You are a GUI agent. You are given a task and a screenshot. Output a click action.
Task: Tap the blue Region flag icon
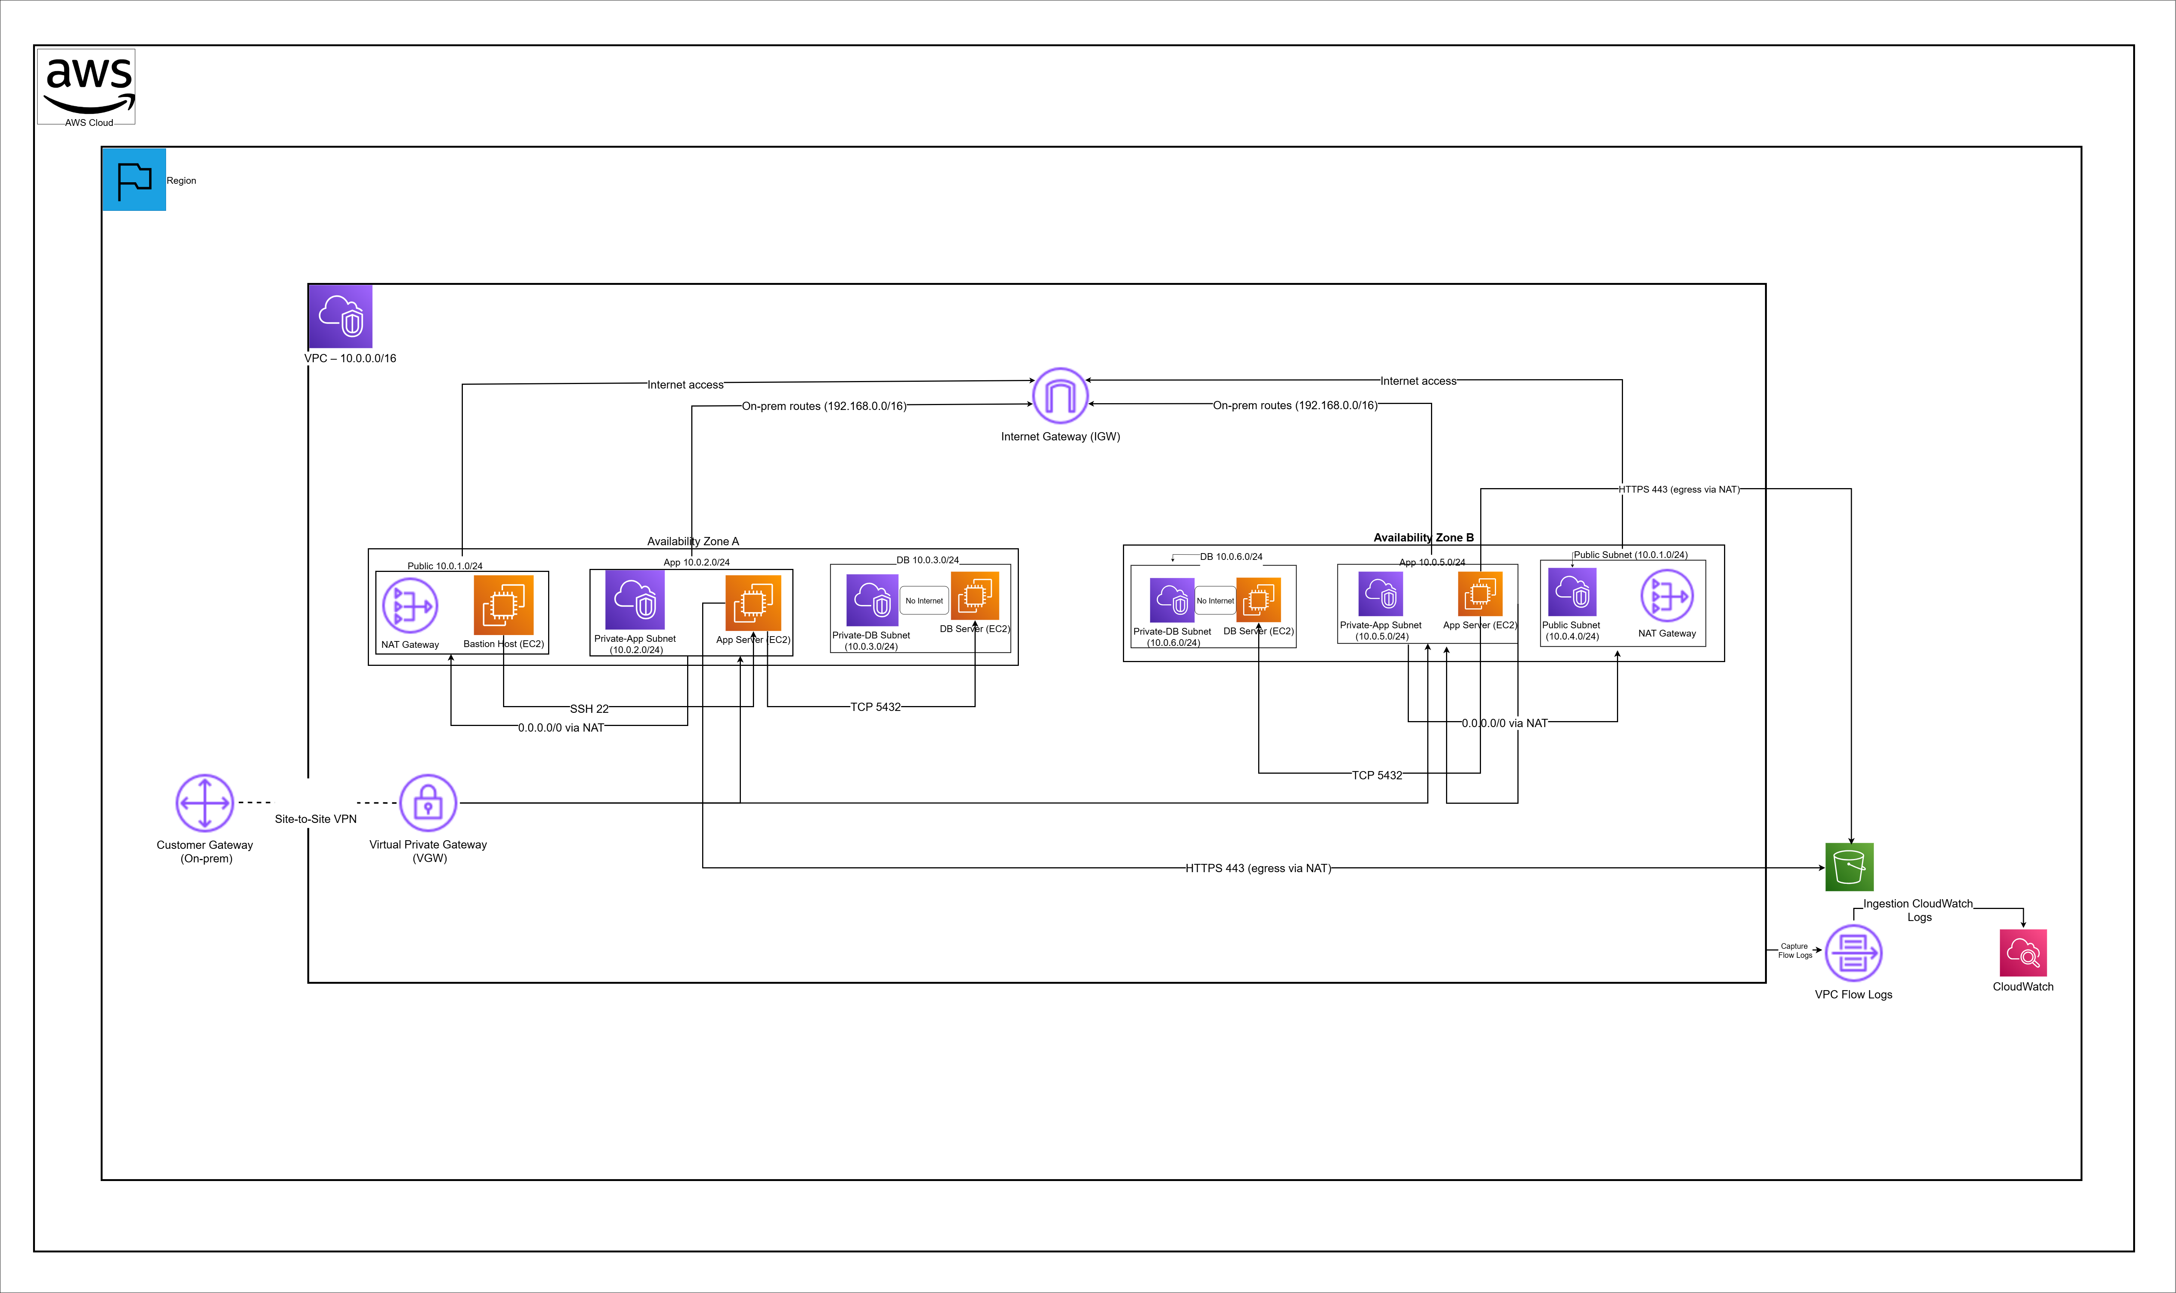[x=134, y=180]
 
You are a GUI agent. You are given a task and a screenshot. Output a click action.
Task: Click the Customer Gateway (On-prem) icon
[x=205, y=803]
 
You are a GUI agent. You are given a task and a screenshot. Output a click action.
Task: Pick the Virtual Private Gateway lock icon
[x=428, y=803]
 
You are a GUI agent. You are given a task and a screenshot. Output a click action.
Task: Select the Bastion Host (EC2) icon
[x=503, y=605]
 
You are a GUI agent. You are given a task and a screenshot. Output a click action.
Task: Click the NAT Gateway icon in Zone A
[x=410, y=605]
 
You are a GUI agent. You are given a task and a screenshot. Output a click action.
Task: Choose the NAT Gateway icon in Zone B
[x=1667, y=596]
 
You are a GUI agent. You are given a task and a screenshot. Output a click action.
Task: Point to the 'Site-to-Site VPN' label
[x=315, y=819]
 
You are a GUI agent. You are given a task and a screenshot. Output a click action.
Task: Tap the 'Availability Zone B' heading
[x=1423, y=538]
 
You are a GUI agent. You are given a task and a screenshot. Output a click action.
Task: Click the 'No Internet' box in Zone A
[x=923, y=600]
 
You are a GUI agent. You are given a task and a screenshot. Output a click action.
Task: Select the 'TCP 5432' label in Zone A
[x=875, y=706]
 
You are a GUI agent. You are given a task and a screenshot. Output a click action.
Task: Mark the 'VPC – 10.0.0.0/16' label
[x=350, y=358]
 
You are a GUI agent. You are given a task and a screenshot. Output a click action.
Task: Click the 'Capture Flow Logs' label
[x=1794, y=951]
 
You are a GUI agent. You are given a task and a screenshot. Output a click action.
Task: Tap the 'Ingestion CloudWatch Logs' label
[x=1918, y=910]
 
